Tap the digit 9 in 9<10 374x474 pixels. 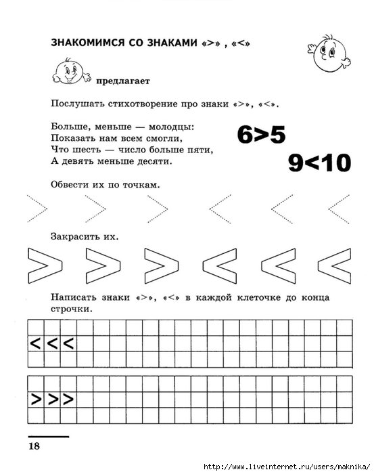pos(296,163)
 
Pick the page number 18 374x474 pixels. pos(34,445)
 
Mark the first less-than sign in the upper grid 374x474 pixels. pos(35,343)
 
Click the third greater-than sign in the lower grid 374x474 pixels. pos(69,399)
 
